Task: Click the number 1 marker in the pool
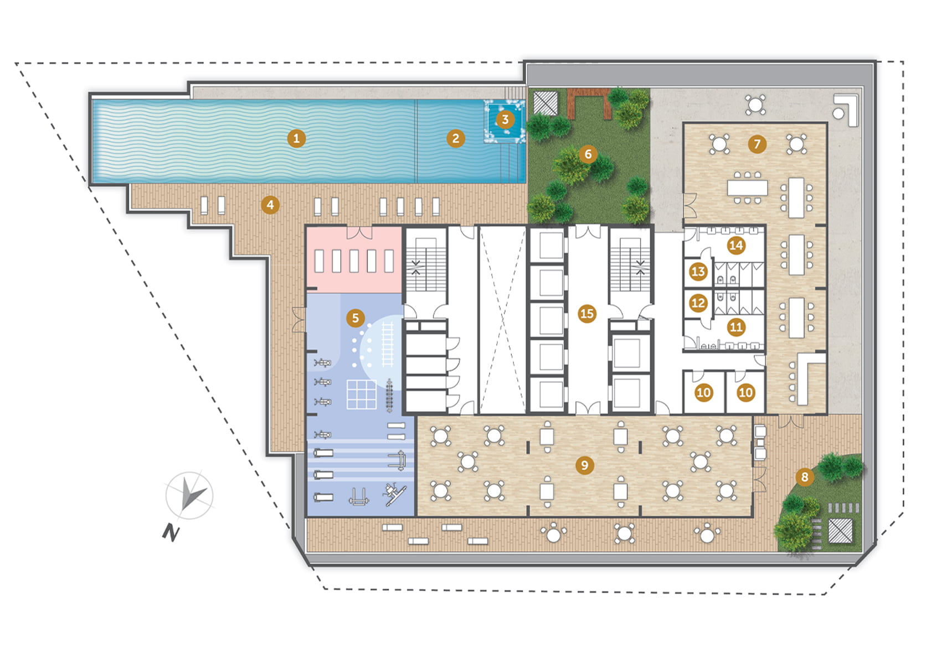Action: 296,138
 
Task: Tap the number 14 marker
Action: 736,246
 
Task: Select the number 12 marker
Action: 698,303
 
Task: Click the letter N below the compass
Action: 171,532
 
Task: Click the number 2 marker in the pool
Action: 456,138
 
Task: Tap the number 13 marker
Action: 698,271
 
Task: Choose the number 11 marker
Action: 736,327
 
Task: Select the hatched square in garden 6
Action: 546,103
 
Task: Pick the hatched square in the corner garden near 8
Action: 840,531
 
